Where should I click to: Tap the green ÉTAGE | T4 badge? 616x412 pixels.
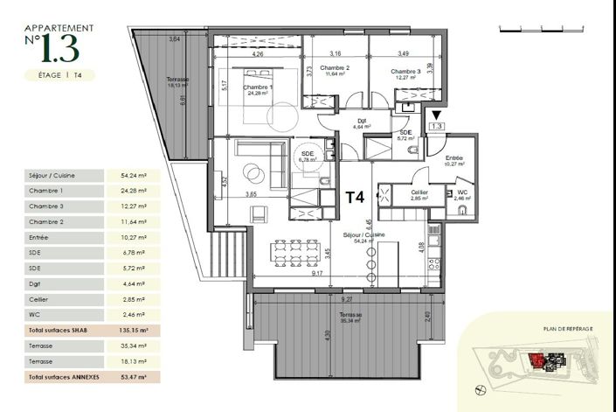pyautogui.click(x=60, y=76)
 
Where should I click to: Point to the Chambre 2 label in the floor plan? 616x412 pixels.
pyautogui.click(x=335, y=68)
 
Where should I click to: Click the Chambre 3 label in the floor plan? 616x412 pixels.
pyautogui.click(x=405, y=72)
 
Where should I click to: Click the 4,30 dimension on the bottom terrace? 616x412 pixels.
pyautogui.click(x=277, y=333)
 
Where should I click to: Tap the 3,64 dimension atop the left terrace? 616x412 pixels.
pyautogui.click(x=174, y=39)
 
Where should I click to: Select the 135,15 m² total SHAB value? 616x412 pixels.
pyautogui.click(x=134, y=332)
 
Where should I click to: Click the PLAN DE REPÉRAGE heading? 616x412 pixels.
pyautogui.click(x=569, y=328)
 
